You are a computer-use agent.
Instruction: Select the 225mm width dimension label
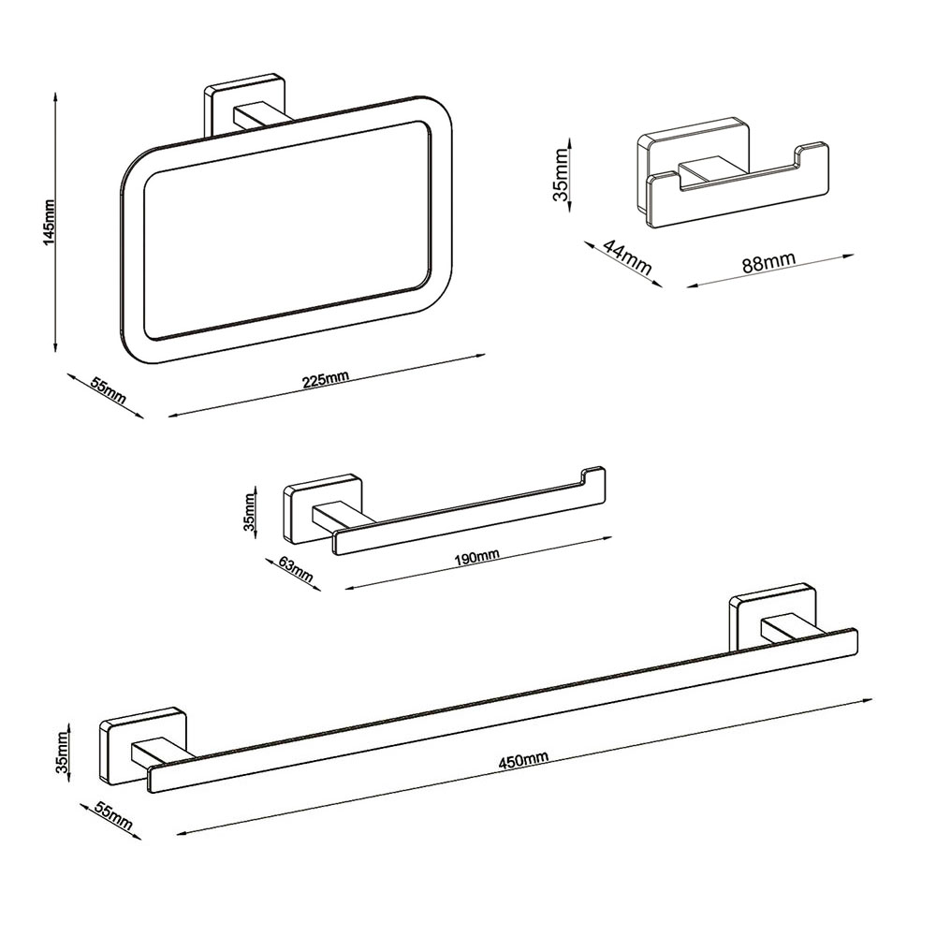(326, 380)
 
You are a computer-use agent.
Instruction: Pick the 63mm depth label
(296, 568)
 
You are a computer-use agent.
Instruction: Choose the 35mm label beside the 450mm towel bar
(63, 753)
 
